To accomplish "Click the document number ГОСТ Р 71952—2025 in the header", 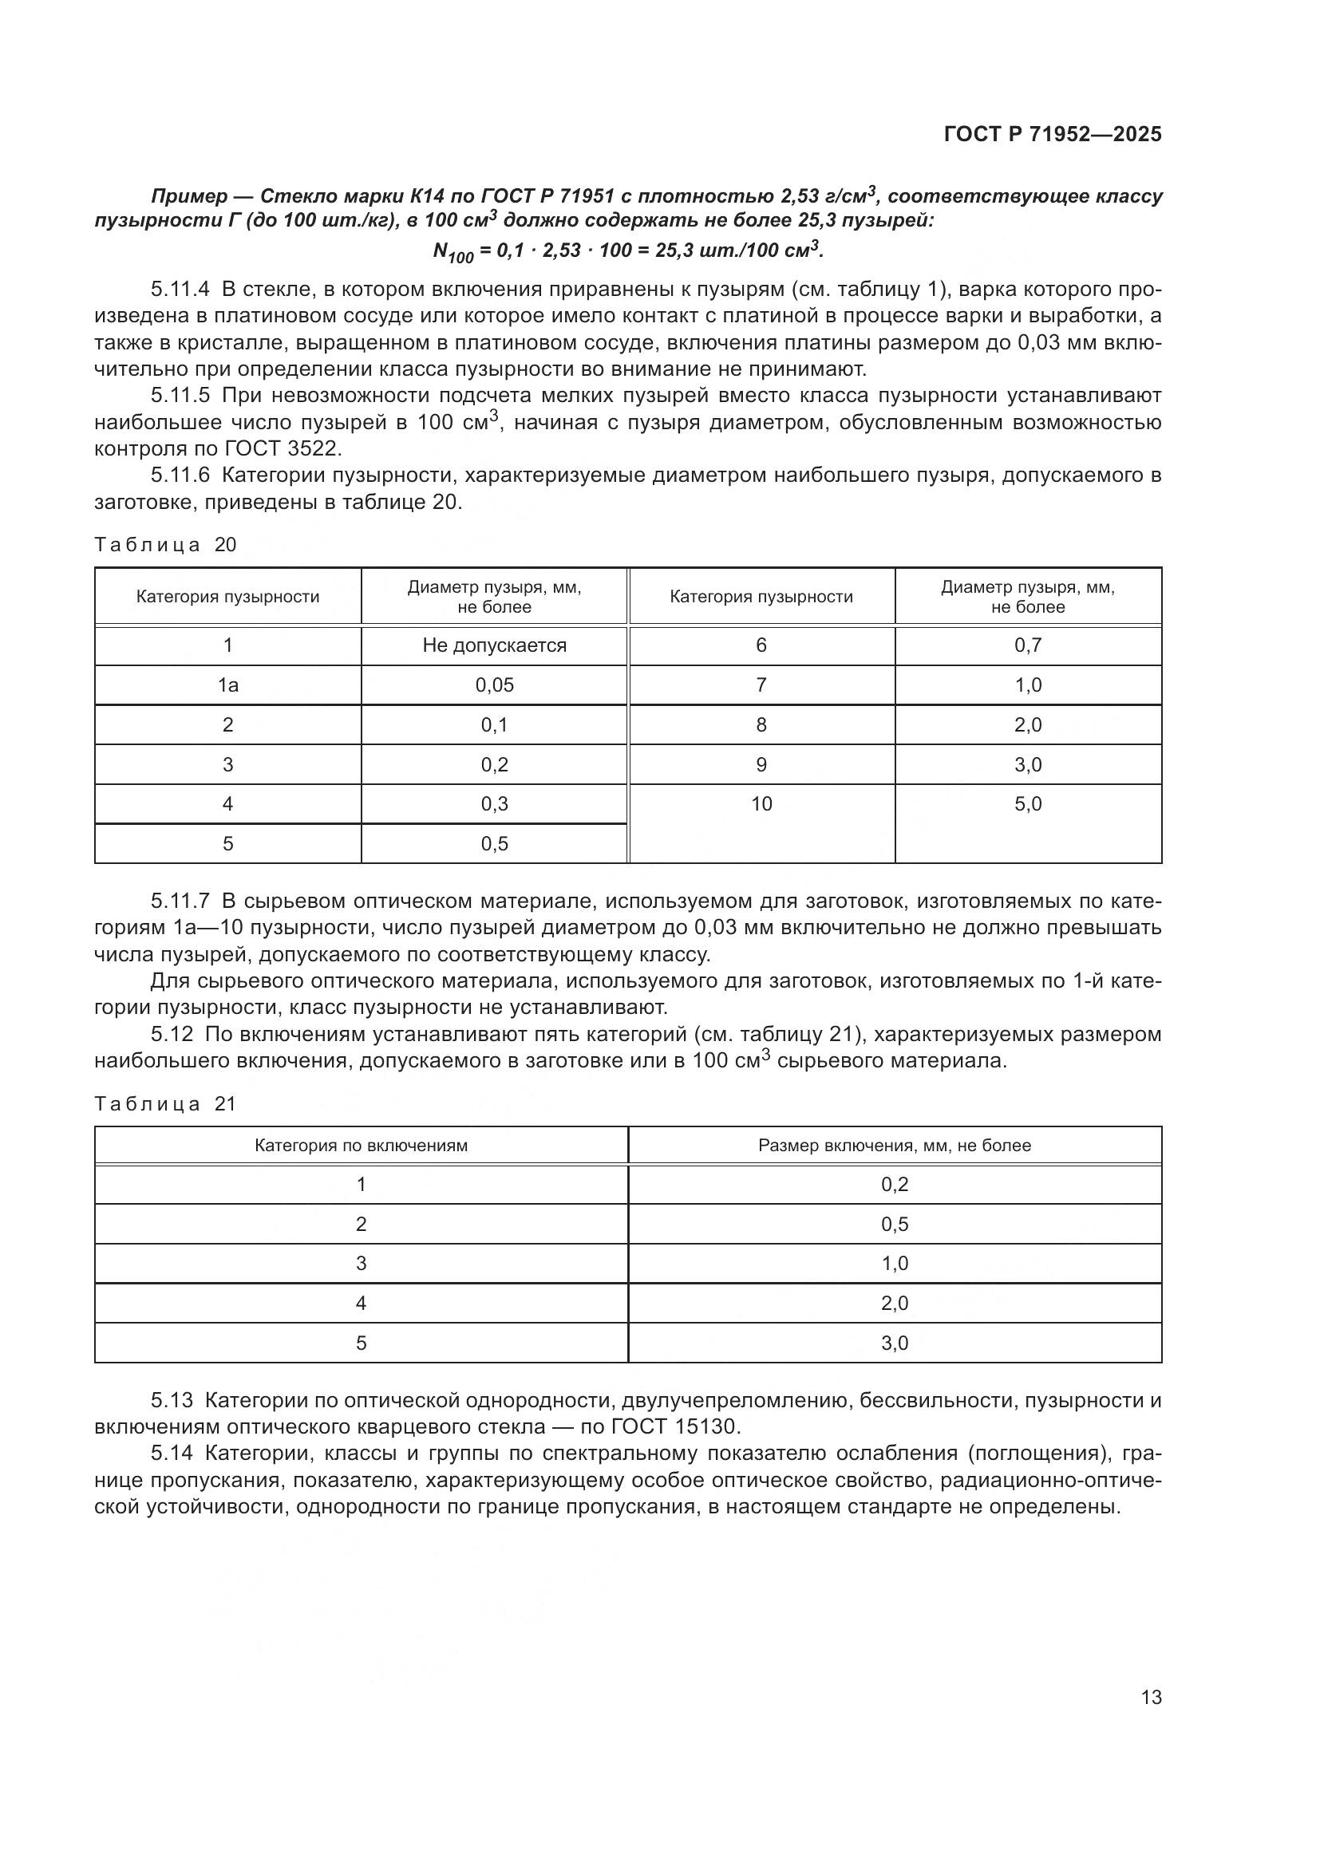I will (1053, 134).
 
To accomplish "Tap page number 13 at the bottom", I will (1151, 1698).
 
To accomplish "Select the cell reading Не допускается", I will (494, 645).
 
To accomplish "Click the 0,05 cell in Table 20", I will (494, 685).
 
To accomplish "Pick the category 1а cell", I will (227, 685).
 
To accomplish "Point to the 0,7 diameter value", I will (1027, 645).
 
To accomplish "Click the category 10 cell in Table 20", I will (761, 804).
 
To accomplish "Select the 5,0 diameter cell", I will (1027, 804).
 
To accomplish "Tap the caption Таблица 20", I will (165, 545).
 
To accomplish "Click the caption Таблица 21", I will (165, 1103).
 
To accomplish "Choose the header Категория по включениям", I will (361, 1145).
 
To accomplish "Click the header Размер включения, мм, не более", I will (894, 1145).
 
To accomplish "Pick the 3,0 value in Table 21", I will (894, 1343).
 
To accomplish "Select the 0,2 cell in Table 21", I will (894, 1184).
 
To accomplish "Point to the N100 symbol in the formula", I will (452, 253).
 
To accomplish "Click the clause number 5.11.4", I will (180, 289).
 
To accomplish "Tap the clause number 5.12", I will (172, 1035).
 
